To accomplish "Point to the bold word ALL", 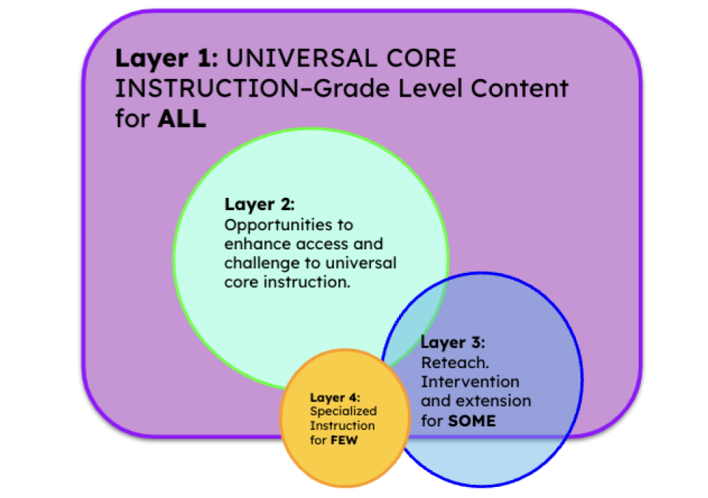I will point(181,119).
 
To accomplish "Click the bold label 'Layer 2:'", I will point(260,204).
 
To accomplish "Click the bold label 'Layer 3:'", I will point(453,343).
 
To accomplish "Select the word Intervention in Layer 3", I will point(470,382).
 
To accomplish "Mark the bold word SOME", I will point(472,421).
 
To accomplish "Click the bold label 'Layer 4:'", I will point(335,398).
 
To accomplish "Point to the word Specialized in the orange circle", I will point(343,412).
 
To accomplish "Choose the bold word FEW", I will point(344,440).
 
